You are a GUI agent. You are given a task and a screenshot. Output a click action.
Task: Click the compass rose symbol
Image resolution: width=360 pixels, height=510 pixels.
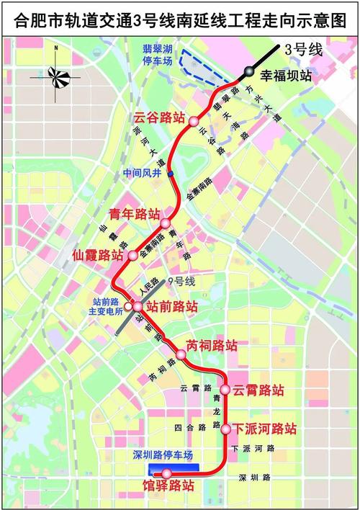click(56, 73)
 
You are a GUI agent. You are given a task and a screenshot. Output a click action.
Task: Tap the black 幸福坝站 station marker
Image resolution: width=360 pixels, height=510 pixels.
click(248, 71)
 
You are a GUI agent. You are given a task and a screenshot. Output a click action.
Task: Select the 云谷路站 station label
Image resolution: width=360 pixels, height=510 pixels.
click(158, 117)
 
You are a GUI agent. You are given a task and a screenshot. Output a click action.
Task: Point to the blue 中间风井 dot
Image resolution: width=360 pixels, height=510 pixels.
click(171, 174)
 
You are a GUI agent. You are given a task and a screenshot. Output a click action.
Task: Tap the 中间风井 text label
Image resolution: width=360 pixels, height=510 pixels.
click(142, 173)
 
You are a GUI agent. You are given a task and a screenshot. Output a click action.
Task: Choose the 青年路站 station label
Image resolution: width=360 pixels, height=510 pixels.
click(133, 214)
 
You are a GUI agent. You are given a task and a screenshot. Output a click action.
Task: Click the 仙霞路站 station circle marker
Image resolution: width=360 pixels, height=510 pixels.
click(132, 255)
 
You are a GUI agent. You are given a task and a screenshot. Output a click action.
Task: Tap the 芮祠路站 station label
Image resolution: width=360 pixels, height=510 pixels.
click(212, 345)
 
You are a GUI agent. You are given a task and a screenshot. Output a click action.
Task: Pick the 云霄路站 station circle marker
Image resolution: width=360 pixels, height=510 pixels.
click(225, 390)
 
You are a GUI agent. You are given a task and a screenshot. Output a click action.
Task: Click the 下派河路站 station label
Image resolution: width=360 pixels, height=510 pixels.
click(265, 429)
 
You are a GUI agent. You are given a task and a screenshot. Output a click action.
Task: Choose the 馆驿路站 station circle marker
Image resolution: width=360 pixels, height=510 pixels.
click(166, 473)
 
